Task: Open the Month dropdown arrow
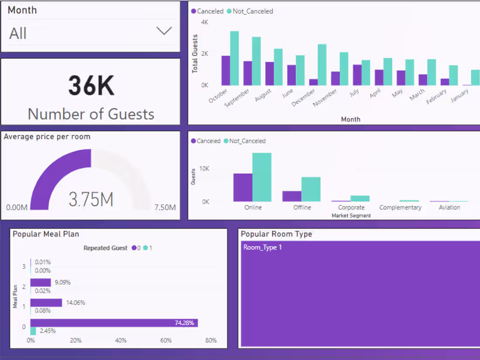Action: point(164,31)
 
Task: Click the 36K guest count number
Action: point(91,86)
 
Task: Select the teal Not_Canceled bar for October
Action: point(234,58)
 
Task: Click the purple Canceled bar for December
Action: point(313,82)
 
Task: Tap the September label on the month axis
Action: point(238,98)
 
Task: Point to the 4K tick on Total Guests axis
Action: point(205,22)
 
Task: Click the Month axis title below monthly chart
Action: point(351,119)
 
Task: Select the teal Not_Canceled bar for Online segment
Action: point(262,177)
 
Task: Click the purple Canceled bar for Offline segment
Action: point(292,196)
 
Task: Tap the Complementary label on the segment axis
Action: point(400,207)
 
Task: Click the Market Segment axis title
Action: point(351,216)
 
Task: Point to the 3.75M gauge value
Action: point(91,199)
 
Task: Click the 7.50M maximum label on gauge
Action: point(165,207)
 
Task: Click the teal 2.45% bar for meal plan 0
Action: point(33,331)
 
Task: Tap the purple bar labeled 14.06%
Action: point(46,302)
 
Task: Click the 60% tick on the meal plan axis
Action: point(166,340)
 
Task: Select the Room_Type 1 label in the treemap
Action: point(263,247)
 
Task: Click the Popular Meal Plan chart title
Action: point(46,234)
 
